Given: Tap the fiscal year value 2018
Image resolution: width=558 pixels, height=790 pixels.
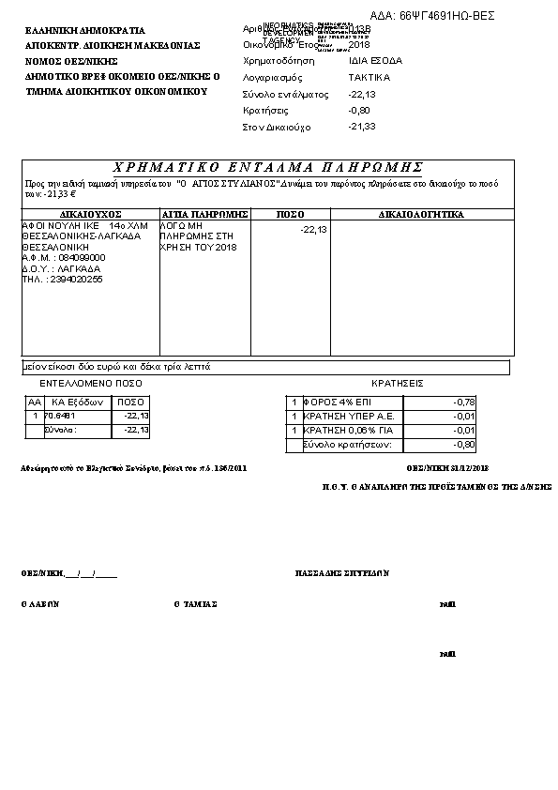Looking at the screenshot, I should click(358, 44).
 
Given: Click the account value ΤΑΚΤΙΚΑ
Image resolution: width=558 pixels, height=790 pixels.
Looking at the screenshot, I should click(369, 77).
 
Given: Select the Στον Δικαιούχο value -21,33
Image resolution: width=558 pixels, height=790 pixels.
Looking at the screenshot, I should click(361, 127).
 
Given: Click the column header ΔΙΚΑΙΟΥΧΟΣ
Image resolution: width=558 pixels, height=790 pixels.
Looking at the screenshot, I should click(90, 215).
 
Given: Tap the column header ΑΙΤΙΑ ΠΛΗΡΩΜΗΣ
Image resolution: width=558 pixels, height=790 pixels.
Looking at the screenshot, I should click(204, 215).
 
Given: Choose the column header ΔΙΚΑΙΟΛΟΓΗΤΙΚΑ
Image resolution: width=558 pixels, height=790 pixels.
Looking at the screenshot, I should click(421, 215).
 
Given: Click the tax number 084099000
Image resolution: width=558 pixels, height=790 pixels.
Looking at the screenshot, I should click(82, 257).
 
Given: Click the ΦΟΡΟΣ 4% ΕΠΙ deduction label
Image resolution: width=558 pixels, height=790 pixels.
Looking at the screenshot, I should click(337, 402).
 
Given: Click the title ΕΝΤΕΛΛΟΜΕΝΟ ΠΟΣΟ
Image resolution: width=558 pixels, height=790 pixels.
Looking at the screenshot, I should click(91, 384).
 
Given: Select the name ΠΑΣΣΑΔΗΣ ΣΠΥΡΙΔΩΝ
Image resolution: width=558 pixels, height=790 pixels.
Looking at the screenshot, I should click(342, 572).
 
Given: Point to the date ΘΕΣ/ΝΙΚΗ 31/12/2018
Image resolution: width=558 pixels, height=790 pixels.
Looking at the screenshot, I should click(447, 466).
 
